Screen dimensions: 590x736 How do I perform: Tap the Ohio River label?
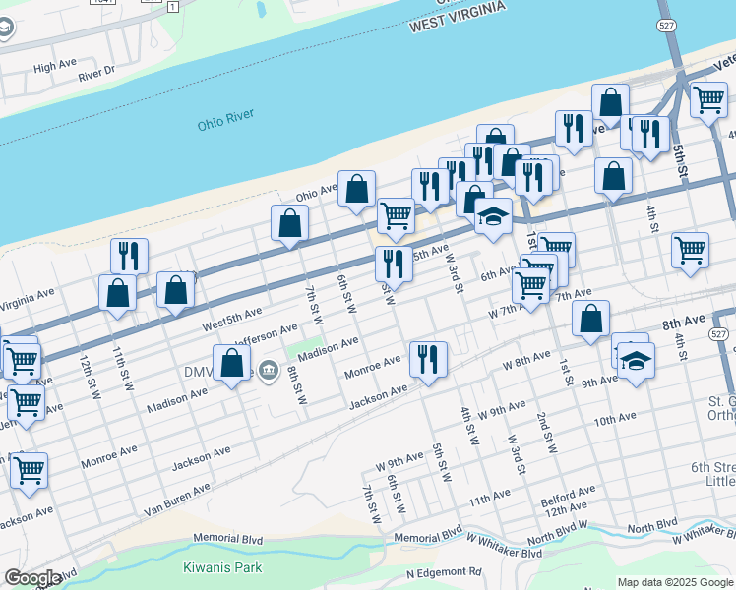(225, 120)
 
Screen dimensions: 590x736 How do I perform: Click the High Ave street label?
(54, 67)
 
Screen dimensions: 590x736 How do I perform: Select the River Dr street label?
(96, 71)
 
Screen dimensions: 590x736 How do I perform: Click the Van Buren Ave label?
(177, 499)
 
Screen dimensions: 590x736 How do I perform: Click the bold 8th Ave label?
(683, 323)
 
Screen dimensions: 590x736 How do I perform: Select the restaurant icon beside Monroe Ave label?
(427, 358)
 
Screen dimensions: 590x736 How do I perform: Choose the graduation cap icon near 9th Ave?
(636, 361)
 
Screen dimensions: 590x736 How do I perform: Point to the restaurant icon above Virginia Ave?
(129, 256)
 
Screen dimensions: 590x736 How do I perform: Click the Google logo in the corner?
(32, 578)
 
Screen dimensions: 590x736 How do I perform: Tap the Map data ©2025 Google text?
(674, 582)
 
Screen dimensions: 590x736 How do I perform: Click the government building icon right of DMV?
(268, 372)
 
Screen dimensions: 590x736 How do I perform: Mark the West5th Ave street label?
(233, 317)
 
